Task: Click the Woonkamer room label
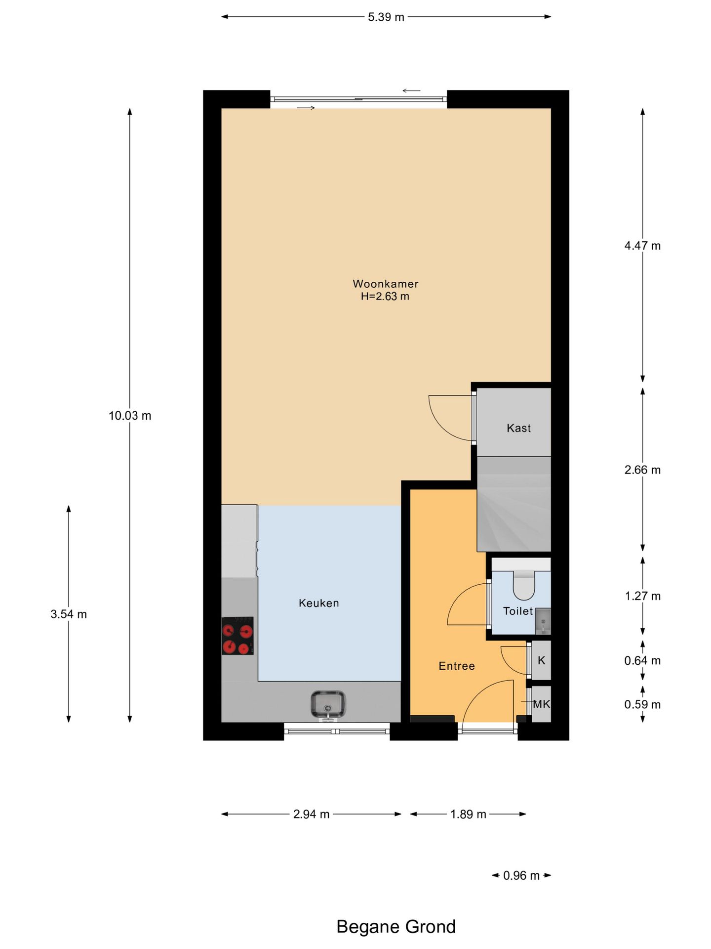pos(385,284)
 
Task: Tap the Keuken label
pos(318,603)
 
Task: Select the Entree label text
pos(456,666)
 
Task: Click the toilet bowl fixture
pos(523,586)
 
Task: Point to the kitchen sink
pos(328,704)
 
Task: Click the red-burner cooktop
pos(237,636)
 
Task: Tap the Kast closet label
pos(518,428)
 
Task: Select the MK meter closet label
pos(541,704)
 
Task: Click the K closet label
pos(541,660)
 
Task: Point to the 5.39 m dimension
pos(386,17)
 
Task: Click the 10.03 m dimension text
pos(130,416)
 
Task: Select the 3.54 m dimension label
pos(69,614)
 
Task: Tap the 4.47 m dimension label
pos(642,246)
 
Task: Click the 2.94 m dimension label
pos(311,814)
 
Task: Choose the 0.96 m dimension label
pos(521,875)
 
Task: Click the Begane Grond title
pos(395,926)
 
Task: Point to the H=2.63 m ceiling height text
pos(385,297)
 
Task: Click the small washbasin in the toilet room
pos(543,621)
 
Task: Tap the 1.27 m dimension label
pos(642,596)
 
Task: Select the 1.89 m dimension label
pos(468,814)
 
